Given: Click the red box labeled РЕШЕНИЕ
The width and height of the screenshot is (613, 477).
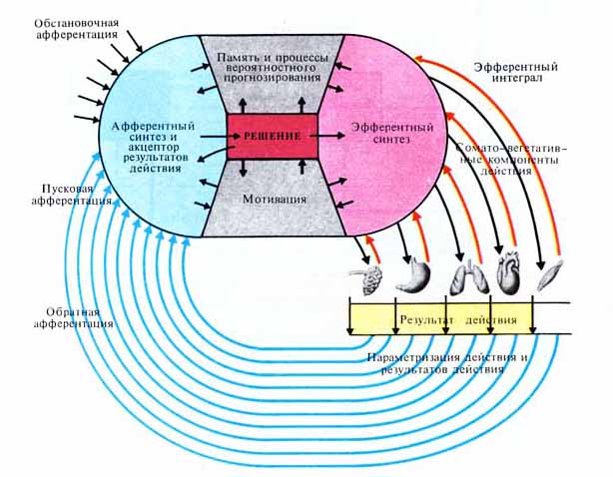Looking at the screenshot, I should coord(273,133).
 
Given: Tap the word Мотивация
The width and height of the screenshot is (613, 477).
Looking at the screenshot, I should coord(273,198).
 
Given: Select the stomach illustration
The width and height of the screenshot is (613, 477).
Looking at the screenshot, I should coord(412,277).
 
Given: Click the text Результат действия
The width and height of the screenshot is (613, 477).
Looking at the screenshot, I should coord(458,320).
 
